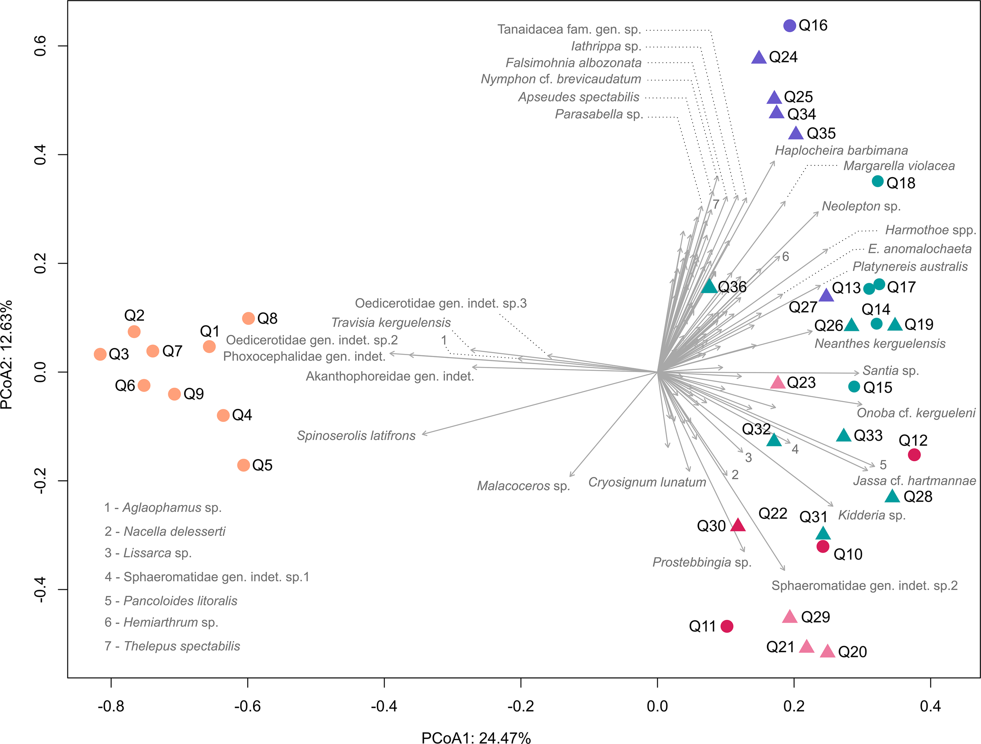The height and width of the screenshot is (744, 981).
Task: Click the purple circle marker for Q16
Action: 790,26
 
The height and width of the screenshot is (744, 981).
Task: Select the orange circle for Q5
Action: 243,465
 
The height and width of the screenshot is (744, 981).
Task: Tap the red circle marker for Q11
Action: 727,627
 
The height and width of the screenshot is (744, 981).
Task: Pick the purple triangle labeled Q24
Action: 759,58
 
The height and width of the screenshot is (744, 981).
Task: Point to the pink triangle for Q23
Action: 778,382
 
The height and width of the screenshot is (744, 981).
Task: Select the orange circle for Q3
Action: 100,354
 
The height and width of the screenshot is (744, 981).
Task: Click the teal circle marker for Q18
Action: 878,181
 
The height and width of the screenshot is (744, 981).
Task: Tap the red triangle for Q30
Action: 738,525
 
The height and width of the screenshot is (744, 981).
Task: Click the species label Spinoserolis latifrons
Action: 356,436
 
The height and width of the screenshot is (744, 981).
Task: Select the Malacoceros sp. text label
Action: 523,486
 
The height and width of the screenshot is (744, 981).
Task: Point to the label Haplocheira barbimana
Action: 841,150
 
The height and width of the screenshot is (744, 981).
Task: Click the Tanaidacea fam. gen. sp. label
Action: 569,29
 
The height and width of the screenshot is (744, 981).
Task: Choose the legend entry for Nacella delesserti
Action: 165,531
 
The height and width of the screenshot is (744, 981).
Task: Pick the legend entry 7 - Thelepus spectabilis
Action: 172,646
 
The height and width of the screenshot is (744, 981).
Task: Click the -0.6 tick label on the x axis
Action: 248,706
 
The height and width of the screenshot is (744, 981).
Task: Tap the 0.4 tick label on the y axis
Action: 40,154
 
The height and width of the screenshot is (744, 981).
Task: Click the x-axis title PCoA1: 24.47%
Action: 476,737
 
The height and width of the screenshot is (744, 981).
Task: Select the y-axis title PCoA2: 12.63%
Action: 7,355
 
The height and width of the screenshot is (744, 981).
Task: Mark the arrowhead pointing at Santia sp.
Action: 857,373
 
